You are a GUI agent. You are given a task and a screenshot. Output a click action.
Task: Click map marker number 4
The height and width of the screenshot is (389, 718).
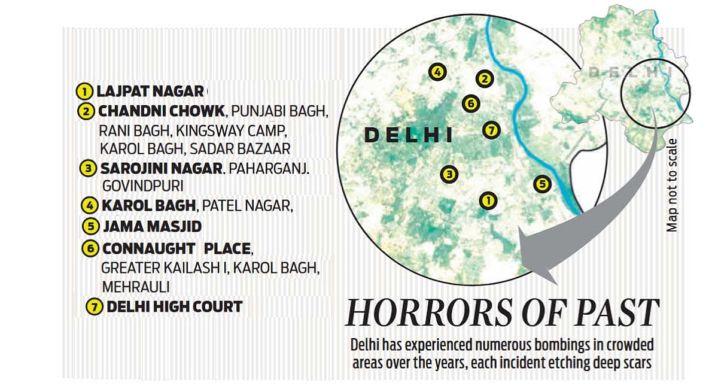(x=437, y=72)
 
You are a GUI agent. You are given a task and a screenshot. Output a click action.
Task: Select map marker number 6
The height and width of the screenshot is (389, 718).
(x=471, y=104)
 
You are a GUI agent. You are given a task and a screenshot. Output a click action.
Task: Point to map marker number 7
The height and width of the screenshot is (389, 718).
(x=491, y=129)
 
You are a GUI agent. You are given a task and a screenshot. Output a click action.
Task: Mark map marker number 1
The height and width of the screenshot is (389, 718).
(x=488, y=201)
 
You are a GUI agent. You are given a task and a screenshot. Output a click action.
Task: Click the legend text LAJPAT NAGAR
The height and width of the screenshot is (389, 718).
(x=150, y=92)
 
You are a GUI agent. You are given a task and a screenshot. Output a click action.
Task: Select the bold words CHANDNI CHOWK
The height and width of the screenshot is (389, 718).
(x=162, y=111)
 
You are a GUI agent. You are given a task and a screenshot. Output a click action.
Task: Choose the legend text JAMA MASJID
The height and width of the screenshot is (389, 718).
(x=152, y=227)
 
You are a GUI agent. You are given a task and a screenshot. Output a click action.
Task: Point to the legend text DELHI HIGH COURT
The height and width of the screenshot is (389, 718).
(x=174, y=307)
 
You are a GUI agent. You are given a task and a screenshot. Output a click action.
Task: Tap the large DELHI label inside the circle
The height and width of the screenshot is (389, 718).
(x=409, y=135)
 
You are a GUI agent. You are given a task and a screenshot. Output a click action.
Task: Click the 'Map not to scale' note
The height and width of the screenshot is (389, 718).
(x=673, y=186)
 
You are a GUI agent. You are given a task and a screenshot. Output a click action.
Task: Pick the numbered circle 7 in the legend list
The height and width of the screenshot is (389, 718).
(x=93, y=308)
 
